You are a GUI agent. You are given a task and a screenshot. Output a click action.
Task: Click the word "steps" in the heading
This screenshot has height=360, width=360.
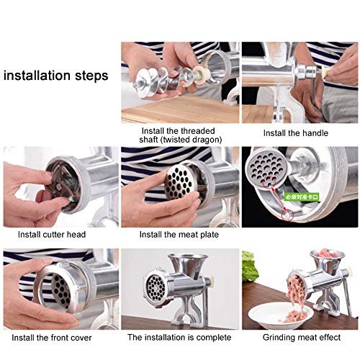[92, 74]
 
